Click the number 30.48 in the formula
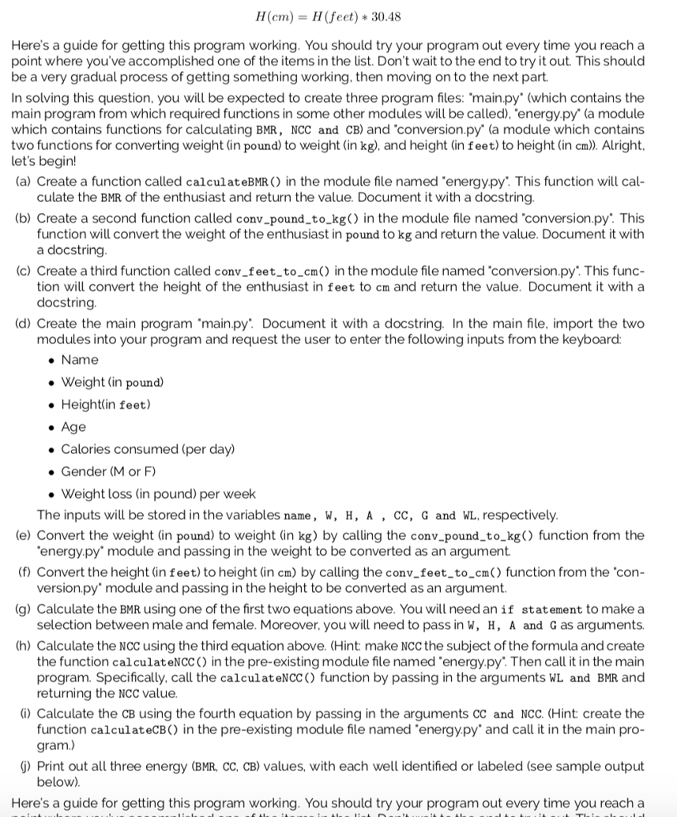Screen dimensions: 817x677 [409, 17]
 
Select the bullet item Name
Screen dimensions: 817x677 [80, 360]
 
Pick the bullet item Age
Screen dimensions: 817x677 [73, 427]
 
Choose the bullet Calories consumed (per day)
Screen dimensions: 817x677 [148, 449]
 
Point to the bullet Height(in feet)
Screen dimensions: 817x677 [105, 405]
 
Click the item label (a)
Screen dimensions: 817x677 [23, 182]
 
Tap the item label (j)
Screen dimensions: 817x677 [24, 767]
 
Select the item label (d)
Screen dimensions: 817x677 [23, 324]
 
